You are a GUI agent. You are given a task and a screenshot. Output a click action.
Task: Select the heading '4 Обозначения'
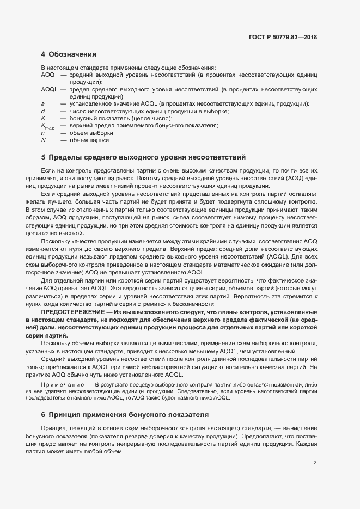pos(69,54)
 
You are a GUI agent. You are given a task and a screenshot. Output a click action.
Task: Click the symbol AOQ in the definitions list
pos(47,74)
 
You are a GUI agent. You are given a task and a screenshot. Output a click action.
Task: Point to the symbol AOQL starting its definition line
pos(49,89)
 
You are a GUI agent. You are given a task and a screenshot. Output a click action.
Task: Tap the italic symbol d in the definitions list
pos(42,111)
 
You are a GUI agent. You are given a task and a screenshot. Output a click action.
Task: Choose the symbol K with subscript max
pos(47,126)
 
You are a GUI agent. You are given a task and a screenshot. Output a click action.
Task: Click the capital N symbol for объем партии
pos(43,140)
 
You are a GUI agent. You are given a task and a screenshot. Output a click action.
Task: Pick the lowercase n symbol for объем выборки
pos(42,133)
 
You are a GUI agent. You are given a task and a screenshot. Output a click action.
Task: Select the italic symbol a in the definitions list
pos(42,103)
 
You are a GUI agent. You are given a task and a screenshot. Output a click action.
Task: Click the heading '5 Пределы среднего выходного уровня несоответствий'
pos(143,157)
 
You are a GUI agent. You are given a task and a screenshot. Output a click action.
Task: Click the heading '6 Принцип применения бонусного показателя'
pos(125,414)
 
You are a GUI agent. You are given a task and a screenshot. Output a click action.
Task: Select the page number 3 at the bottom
pos(315,463)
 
